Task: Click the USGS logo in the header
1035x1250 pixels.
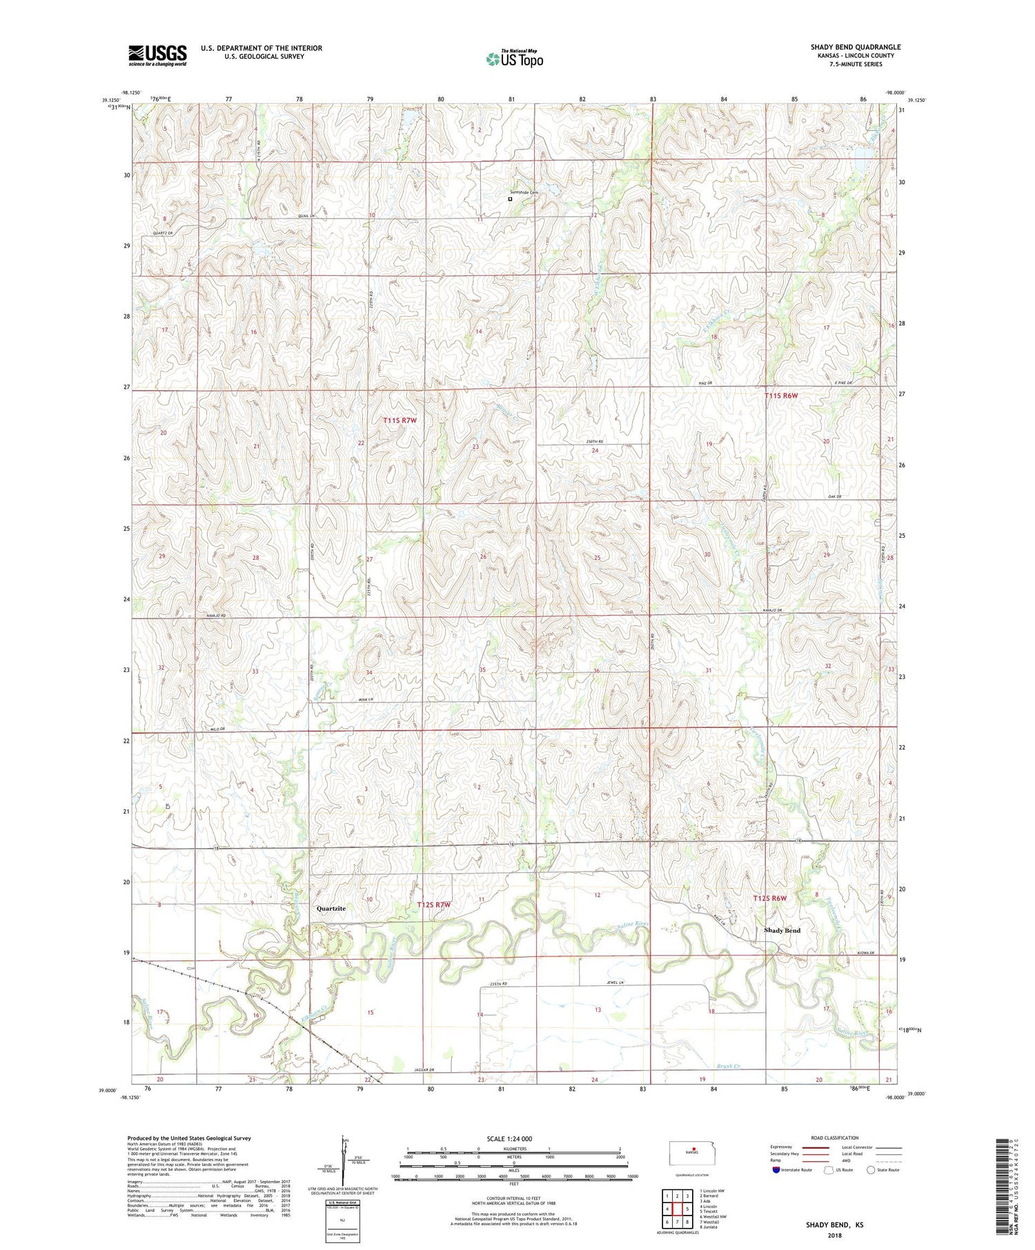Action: click(x=157, y=55)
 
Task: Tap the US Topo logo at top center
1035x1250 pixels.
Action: click(x=514, y=59)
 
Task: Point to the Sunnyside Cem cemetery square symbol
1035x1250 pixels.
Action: click(x=510, y=199)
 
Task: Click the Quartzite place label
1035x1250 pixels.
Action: click(x=331, y=909)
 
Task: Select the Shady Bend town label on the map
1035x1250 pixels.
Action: click(x=782, y=930)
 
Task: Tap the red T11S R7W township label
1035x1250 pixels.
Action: click(x=400, y=420)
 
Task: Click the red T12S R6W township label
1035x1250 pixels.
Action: click(x=769, y=898)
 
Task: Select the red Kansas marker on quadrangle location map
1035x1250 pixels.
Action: click(x=693, y=1149)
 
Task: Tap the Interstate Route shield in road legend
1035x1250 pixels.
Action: click(x=776, y=1170)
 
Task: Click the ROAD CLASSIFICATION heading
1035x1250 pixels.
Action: click(x=835, y=1138)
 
